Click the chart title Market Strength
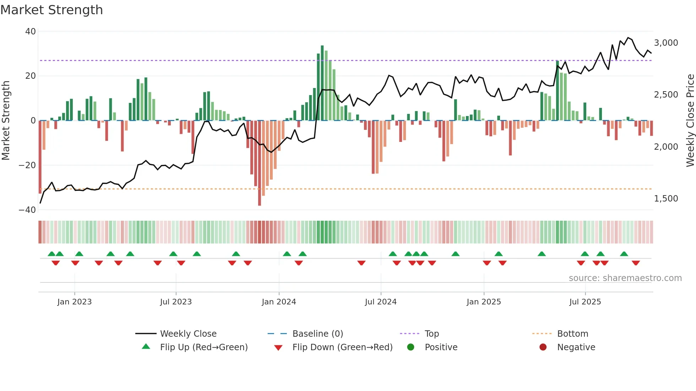51,10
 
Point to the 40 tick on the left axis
31,32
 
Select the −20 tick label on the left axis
27,165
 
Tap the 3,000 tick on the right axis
666,43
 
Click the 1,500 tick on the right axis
666,199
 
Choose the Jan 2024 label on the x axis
279,302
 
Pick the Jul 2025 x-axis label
585,302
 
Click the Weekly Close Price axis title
690,121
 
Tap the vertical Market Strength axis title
6,121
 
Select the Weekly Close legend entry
188,334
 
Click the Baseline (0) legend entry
317,334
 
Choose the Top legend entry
431,334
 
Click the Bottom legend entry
572,334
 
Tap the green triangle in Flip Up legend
146,347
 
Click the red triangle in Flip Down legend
278,348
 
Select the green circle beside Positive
410,347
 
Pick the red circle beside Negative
543,347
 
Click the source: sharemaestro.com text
625,278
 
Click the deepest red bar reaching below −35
260,163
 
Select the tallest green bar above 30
322,83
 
